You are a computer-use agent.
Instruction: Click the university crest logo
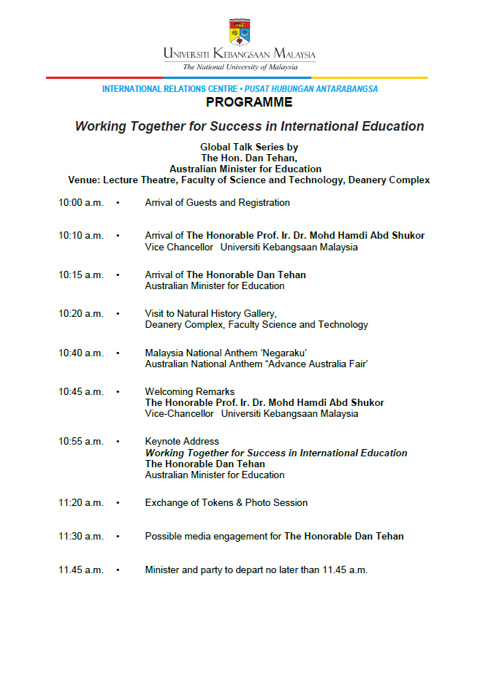tap(240, 32)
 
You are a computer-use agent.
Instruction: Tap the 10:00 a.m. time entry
tap(81, 203)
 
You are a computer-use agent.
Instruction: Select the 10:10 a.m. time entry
tap(81, 236)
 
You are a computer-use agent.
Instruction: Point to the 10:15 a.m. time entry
tap(81, 275)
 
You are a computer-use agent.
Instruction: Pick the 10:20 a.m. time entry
tap(81, 314)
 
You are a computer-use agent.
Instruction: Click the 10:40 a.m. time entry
tap(81, 353)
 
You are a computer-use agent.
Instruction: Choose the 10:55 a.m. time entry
tap(81, 442)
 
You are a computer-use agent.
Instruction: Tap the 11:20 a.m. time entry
tap(81, 503)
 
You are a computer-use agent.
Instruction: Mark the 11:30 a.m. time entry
tap(81, 537)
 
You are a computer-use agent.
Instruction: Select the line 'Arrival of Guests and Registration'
tap(217, 203)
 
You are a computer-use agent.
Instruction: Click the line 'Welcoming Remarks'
tap(189, 392)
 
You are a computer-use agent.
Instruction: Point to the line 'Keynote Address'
tap(182, 442)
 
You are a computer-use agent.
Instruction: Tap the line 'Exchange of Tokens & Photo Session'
tap(226, 503)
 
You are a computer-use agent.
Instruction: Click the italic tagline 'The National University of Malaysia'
tap(240, 67)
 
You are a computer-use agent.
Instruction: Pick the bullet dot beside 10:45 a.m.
tap(118, 392)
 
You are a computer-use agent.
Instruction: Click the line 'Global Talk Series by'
tap(249, 147)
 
